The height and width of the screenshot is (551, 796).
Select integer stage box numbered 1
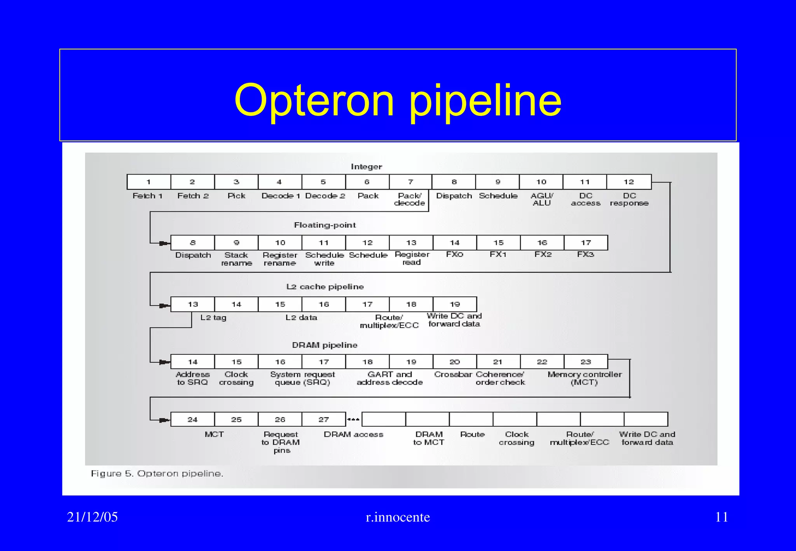149,182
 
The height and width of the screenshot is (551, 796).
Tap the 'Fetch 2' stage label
193,196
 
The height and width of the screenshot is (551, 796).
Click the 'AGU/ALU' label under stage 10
541,199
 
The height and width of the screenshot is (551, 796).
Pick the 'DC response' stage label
629,199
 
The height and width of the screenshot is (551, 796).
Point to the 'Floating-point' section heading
325,225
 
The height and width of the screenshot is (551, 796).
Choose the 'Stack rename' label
236,259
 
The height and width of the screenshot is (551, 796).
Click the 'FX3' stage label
585,255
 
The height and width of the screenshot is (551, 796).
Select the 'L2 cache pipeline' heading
325,287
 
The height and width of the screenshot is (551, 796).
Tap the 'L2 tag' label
213,317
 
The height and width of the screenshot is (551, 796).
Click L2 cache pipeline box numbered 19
455,304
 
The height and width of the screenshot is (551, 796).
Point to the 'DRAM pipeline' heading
325,345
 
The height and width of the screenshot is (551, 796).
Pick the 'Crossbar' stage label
453,374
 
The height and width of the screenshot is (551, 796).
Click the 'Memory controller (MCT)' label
585,378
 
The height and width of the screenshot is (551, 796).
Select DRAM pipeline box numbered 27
324,420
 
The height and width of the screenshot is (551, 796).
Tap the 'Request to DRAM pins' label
281,442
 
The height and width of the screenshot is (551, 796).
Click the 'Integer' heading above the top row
366,167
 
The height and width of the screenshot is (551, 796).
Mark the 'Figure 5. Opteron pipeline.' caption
157,474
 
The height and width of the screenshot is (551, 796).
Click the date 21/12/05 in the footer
92,517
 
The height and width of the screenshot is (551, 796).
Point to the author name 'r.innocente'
398,517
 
